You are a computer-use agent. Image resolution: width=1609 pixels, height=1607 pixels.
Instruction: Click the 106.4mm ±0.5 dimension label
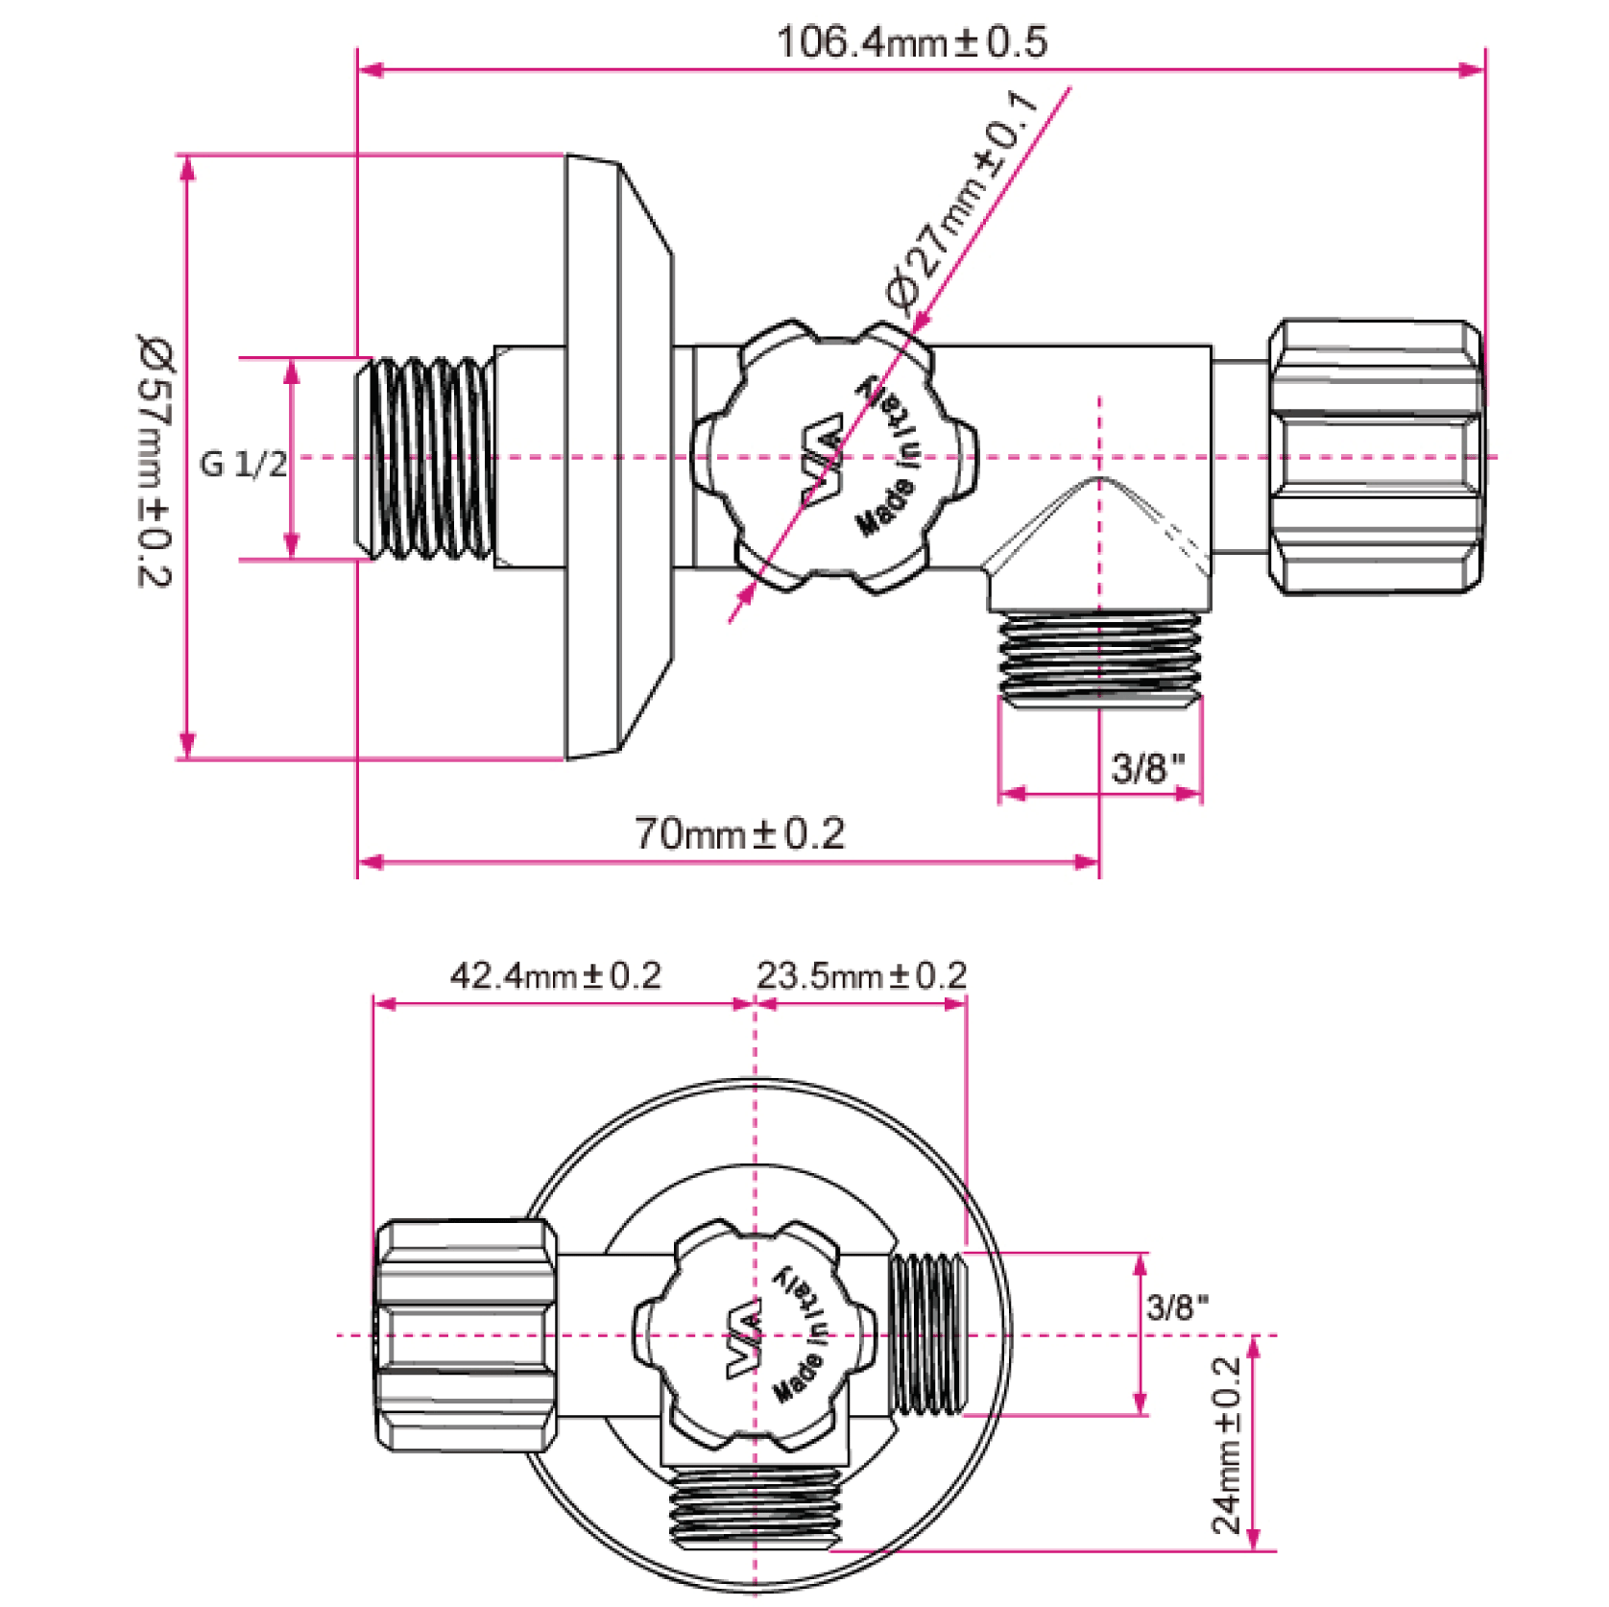pyautogui.click(x=911, y=42)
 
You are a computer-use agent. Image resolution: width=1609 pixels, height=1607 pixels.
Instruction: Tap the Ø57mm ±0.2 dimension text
pyautogui.click(x=154, y=460)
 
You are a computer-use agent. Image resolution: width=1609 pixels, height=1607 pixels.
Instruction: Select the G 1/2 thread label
pyautogui.click(x=243, y=465)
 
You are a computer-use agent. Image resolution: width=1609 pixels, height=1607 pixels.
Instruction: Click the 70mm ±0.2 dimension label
pyautogui.click(x=739, y=833)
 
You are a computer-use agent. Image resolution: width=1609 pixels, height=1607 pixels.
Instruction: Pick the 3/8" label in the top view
pyautogui.click(x=1147, y=768)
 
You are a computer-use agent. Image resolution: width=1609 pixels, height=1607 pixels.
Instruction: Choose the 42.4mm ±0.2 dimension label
pyautogui.click(x=556, y=975)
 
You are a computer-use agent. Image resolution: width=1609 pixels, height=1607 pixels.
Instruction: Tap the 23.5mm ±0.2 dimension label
pyautogui.click(x=861, y=975)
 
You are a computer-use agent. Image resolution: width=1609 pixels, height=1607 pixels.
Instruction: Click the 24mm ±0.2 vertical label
pyautogui.click(x=1227, y=1445)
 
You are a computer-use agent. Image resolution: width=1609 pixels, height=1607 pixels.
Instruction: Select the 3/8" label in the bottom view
pyautogui.click(x=1177, y=1306)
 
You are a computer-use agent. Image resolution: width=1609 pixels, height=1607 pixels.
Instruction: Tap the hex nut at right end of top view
pyautogui.click(x=1376, y=457)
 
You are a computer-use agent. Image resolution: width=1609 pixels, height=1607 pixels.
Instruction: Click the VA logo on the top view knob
pyautogui.click(x=824, y=460)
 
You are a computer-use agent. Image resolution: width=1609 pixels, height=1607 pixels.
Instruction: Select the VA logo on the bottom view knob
pyautogui.click(x=744, y=1337)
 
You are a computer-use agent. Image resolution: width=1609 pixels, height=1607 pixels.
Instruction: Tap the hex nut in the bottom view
pyautogui.click(x=466, y=1335)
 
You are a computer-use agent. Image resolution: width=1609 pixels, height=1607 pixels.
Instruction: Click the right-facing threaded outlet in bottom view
pyautogui.click(x=928, y=1333)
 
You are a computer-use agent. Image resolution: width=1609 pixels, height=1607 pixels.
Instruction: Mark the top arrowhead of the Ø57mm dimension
pyautogui.click(x=187, y=167)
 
